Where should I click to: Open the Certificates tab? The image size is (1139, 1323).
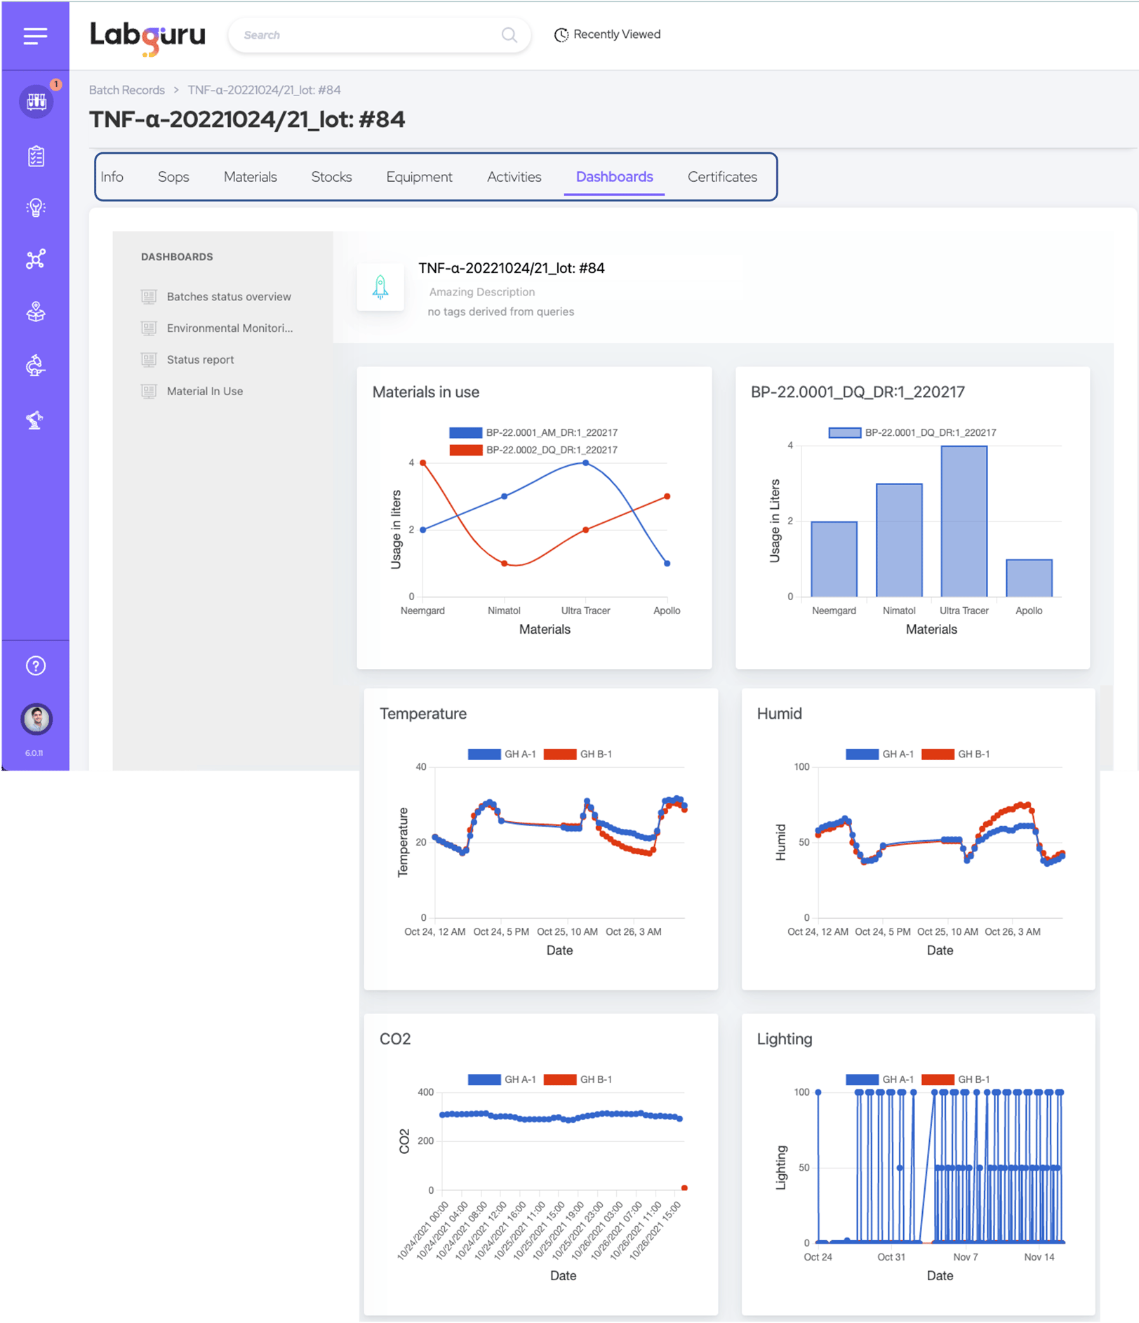coord(721,177)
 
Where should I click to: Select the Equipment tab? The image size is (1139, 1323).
coord(419,177)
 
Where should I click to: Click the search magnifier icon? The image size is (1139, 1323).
coord(509,35)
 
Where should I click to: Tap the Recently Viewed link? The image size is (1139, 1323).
coord(608,34)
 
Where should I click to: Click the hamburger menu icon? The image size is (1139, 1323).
coord(35,36)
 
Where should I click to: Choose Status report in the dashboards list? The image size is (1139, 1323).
coord(200,359)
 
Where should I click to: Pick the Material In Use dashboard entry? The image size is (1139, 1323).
coord(204,391)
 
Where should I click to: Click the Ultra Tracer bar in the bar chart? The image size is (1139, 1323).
coord(964,522)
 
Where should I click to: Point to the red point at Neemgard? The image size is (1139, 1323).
coord(422,463)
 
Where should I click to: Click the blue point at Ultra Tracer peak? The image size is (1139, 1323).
coord(586,463)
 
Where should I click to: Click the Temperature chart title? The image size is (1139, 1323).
coord(422,714)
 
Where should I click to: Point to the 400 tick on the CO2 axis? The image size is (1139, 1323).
coord(425,1092)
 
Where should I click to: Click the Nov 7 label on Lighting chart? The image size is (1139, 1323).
coord(965,1257)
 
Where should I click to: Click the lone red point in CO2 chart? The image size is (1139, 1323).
coord(684,1188)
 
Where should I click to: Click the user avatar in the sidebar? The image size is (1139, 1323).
coord(36,719)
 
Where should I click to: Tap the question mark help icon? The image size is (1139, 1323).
coord(36,665)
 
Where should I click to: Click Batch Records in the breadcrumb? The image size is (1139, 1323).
coord(126,90)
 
